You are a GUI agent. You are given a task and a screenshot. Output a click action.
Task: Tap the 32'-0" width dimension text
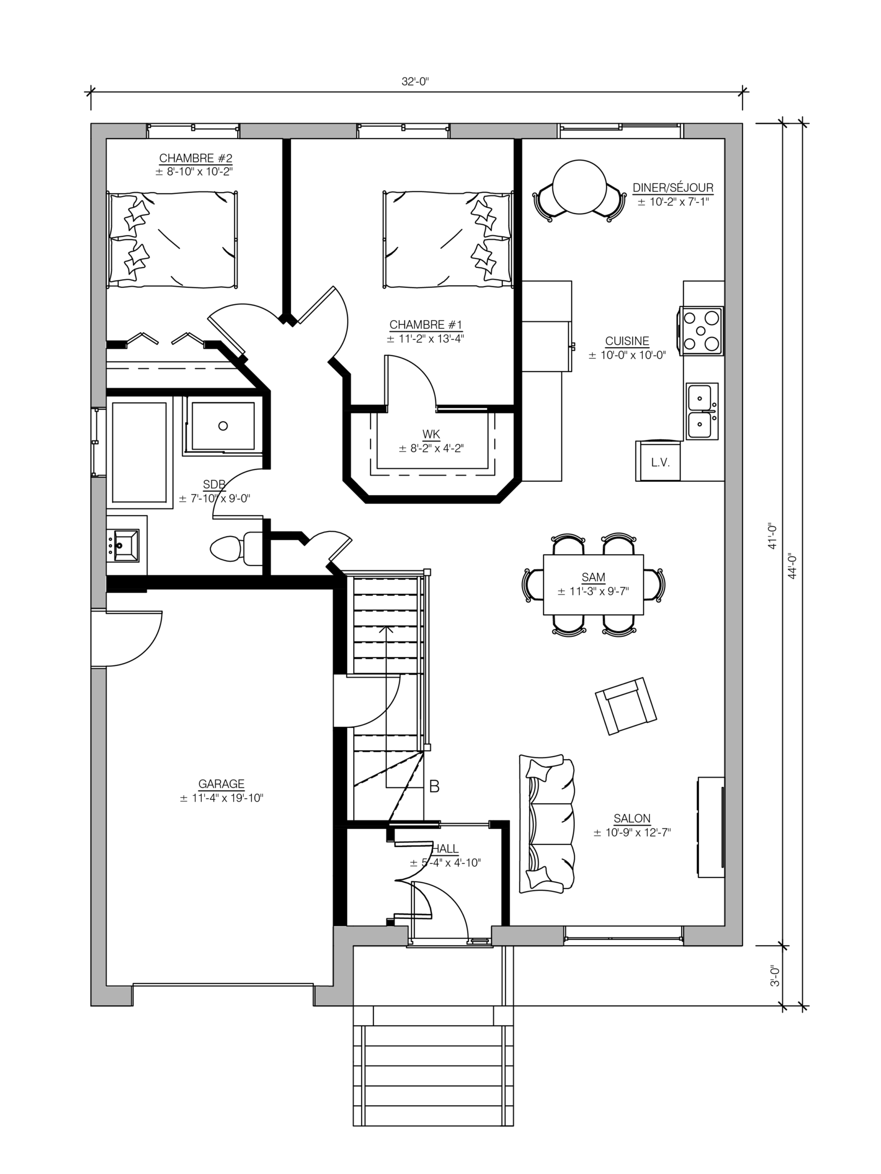(x=415, y=82)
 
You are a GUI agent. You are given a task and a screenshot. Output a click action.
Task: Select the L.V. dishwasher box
(x=659, y=461)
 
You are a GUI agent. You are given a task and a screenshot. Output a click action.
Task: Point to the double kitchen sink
(x=702, y=411)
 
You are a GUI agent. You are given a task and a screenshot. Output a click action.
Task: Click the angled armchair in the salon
(x=625, y=706)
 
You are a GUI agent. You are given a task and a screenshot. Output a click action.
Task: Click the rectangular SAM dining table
(x=593, y=584)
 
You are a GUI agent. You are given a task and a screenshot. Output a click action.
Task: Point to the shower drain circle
(x=223, y=426)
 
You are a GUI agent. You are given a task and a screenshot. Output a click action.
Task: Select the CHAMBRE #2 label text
(x=195, y=158)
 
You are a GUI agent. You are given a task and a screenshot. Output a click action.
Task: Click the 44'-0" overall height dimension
(x=792, y=566)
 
